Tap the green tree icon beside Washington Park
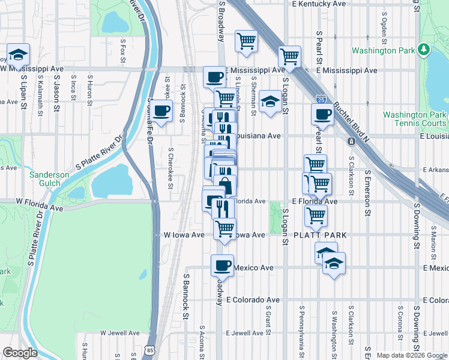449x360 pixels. pos(423,48)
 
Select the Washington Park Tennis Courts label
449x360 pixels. pos(415,119)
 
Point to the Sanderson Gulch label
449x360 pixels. pos(50,179)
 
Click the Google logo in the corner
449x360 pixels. pos(20,353)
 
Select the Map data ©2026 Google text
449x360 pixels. pos(411,355)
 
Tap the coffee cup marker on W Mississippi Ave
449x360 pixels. pos(215,76)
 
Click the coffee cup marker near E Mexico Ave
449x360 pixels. pos(222,264)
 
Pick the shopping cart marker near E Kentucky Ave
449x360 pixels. pos(246,41)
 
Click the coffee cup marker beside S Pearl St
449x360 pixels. pos(322,114)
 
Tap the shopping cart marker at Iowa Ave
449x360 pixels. pos(224,228)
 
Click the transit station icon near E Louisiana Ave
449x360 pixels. pos(350,142)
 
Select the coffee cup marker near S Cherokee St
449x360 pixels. pos(160,110)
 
